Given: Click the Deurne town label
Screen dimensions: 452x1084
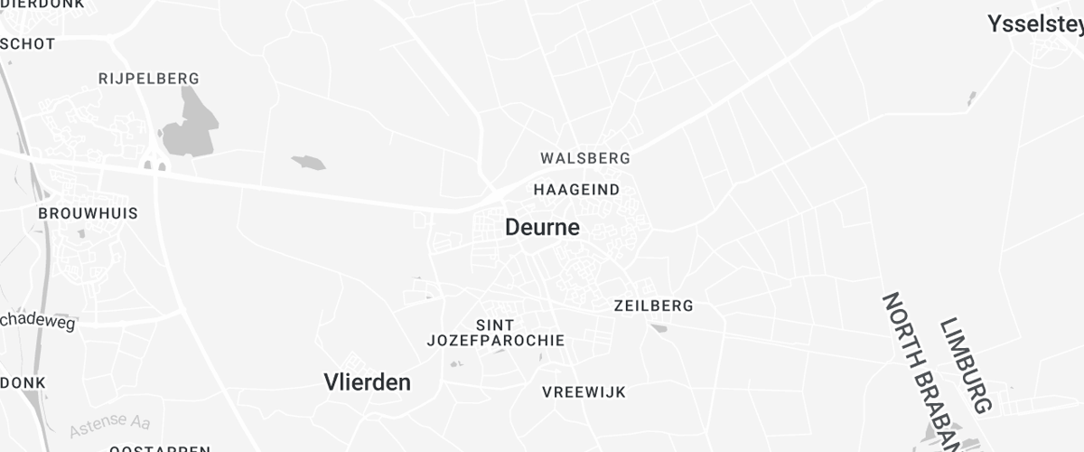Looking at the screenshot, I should tap(542, 227).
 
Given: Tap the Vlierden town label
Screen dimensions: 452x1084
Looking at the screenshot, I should tap(367, 382).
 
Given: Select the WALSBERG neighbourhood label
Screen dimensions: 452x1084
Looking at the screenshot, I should tap(585, 158).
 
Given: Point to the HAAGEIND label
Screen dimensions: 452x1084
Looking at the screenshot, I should tap(576, 190).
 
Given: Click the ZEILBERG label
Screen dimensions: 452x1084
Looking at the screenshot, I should tap(653, 306).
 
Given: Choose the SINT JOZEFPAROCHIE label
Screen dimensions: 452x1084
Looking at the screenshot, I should tap(495, 333).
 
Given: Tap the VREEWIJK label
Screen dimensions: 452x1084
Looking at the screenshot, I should tap(584, 392).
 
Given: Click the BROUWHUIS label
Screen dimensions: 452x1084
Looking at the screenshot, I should tap(88, 213).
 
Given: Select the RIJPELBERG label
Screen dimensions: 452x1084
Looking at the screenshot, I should tap(148, 79).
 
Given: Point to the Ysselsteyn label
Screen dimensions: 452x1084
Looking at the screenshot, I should tap(1035, 24).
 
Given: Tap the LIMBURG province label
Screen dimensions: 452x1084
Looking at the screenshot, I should tap(966, 365).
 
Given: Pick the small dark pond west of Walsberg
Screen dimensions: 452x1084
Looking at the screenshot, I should tap(308, 163).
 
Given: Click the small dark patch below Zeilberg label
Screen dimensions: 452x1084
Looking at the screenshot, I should tap(659, 328).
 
